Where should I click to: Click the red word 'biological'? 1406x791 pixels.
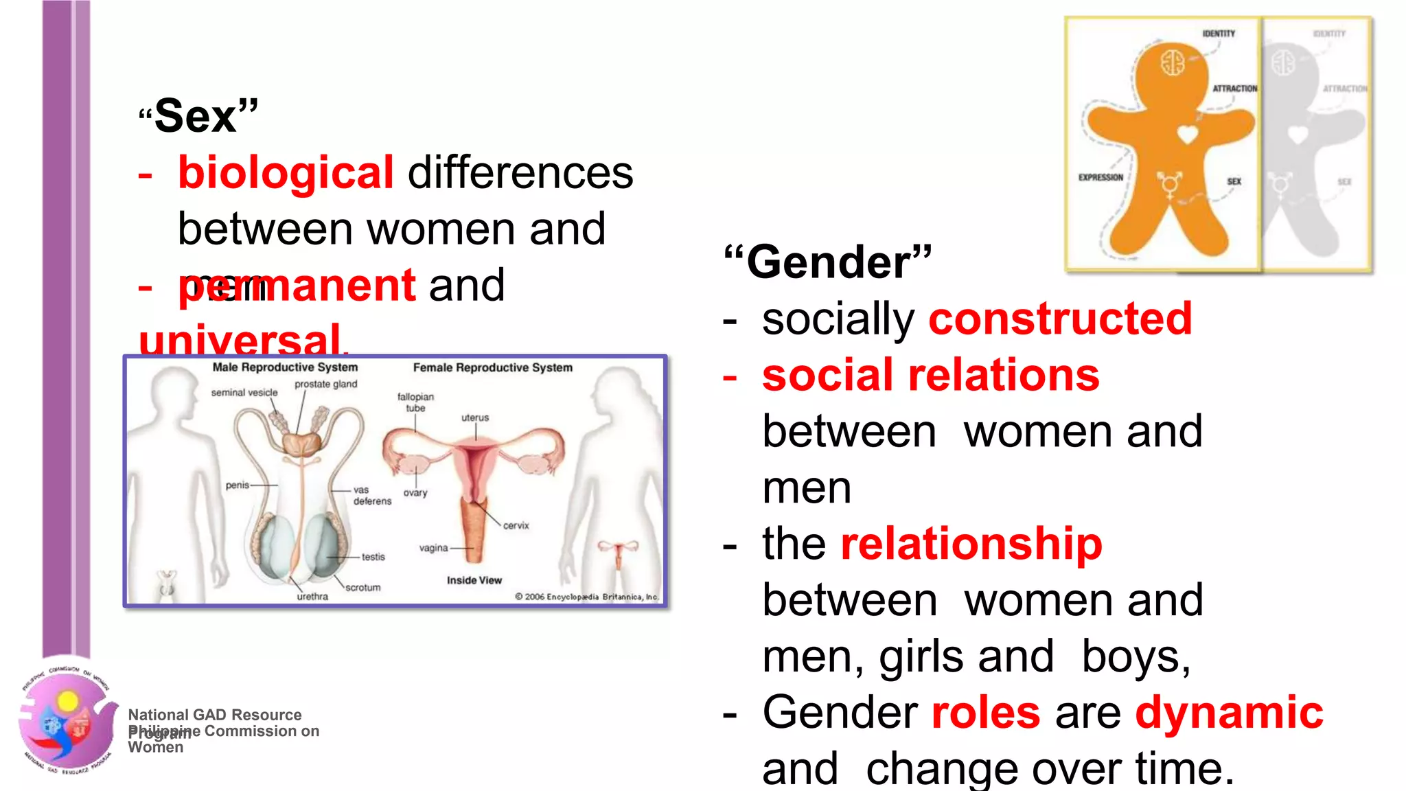(286, 172)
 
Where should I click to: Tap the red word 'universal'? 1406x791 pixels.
(240, 339)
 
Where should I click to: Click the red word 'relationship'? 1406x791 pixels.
(971, 544)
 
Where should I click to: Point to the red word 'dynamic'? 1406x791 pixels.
(1229, 712)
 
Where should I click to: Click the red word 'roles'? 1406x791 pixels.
(986, 712)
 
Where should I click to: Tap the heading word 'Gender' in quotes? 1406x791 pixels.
(828, 262)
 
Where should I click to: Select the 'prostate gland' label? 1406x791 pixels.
(326, 384)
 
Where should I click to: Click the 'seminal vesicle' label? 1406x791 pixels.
(244, 393)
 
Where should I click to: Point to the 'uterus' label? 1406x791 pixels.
(475, 417)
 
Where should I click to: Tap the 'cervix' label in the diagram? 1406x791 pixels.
(516, 526)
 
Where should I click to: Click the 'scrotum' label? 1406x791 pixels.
(363, 588)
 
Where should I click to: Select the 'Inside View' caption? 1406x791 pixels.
(474, 580)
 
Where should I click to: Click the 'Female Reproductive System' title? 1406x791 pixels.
(492, 368)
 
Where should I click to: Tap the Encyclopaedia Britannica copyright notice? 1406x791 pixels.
(587, 597)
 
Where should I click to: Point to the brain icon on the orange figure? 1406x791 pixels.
(1173, 62)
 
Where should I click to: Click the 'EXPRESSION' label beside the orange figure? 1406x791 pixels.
(1100, 177)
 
